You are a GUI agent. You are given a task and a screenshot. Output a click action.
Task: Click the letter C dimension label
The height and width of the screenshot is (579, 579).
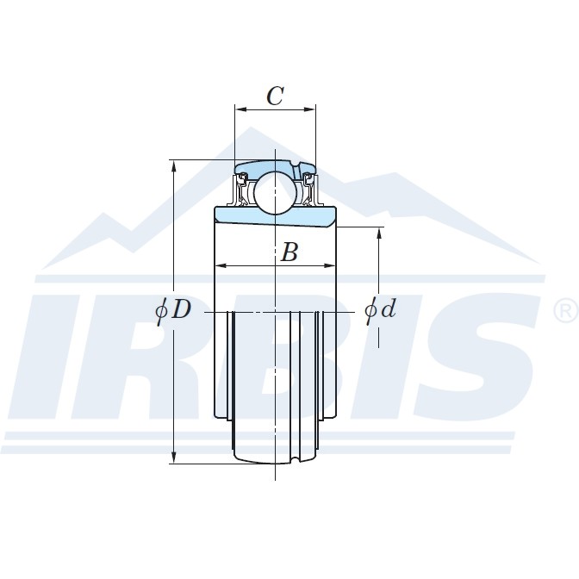(275, 96)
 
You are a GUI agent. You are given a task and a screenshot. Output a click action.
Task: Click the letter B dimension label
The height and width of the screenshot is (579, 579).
(289, 252)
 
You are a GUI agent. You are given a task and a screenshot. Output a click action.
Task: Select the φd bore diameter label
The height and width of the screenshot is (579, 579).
(380, 308)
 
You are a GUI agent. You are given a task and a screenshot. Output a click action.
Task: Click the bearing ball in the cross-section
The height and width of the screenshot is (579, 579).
(275, 192)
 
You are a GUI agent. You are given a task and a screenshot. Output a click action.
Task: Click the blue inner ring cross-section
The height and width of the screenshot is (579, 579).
(275, 216)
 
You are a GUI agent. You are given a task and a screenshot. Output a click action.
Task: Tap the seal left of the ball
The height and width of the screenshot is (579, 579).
(244, 189)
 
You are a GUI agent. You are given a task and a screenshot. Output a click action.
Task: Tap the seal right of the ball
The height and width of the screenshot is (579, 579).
(308, 189)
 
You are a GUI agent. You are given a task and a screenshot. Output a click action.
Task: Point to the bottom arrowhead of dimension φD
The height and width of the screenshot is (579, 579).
(175, 458)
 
